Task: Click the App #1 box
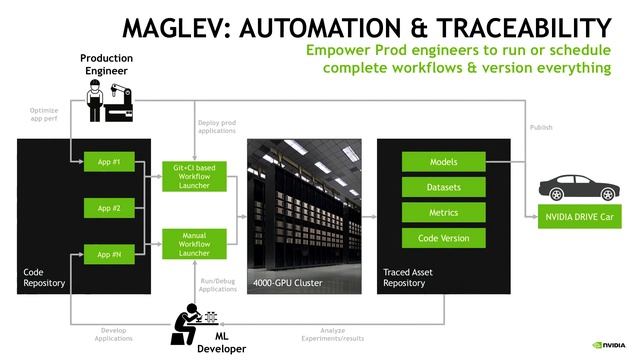pyautogui.click(x=109, y=161)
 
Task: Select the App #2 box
pyautogui.click(x=109, y=208)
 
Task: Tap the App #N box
pyautogui.click(x=109, y=255)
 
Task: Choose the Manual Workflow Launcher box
pyautogui.click(x=194, y=242)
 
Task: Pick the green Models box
pyautogui.click(x=443, y=161)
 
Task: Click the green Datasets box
pyautogui.click(x=443, y=187)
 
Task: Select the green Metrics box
pyautogui.click(x=443, y=212)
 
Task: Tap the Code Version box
pyautogui.click(x=443, y=238)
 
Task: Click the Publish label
pyautogui.click(x=540, y=127)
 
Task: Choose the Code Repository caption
pyautogui.click(x=44, y=277)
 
